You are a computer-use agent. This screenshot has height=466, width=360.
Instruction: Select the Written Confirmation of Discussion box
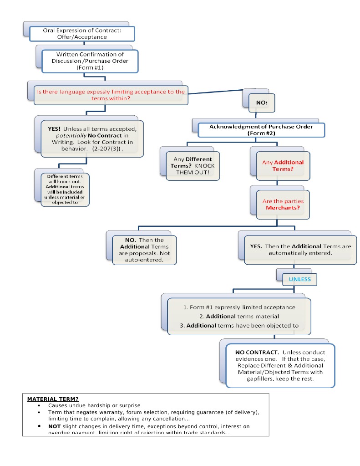point(90,61)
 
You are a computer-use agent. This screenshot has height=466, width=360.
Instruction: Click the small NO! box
point(261,102)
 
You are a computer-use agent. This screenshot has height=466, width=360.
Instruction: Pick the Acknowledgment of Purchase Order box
point(261,130)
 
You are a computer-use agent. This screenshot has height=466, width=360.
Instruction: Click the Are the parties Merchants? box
point(283,204)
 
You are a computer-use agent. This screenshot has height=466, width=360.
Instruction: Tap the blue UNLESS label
point(299,279)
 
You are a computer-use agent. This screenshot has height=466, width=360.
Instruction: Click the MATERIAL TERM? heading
point(52,399)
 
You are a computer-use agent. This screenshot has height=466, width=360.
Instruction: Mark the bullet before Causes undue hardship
point(39,405)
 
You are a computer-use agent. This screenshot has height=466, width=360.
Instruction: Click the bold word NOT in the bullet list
point(55,426)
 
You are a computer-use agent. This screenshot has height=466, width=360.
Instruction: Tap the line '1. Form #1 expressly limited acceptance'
point(239,307)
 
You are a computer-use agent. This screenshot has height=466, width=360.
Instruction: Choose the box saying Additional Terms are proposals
point(144,250)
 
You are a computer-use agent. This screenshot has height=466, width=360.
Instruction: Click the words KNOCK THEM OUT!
point(195,169)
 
